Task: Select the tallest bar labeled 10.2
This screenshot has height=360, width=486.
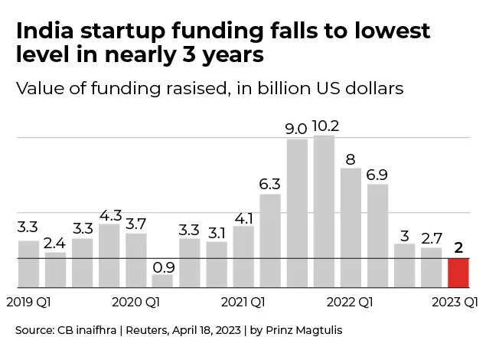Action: tap(325, 211)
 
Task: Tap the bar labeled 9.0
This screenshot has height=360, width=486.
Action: tap(297, 213)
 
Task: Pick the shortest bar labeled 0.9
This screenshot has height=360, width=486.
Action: tap(162, 281)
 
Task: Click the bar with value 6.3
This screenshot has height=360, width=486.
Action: tap(270, 241)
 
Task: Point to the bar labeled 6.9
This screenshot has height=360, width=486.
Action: tap(377, 236)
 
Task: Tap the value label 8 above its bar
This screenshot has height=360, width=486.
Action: tap(351, 159)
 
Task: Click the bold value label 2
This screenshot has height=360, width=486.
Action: tap(458, 248)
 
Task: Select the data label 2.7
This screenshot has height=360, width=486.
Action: tap(432, 237)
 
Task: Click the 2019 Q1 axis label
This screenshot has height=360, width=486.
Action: tap(28, 301)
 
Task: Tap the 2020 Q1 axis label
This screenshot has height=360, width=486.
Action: tap(135, 301)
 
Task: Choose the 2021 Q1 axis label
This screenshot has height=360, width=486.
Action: tap(243, 301)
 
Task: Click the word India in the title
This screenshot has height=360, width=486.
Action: tap(47, 32)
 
